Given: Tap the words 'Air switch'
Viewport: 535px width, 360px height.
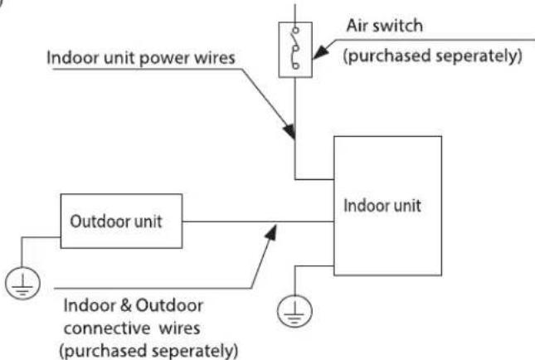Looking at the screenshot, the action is coord(385,26).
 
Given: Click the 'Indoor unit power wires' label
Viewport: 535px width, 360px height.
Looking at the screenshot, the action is coord(141,58).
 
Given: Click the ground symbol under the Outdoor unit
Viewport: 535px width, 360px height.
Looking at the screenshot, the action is coord(22,283).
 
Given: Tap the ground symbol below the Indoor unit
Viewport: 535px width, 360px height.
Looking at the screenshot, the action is coord(294,311).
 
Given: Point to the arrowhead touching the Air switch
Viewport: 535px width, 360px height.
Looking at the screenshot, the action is coord(320,53).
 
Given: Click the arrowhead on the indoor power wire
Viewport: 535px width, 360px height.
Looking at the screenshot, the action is coord(289,131).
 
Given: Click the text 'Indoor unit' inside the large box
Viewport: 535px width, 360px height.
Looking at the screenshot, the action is coord(382,206).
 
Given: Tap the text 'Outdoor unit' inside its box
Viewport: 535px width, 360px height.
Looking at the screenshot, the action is coord(116,221).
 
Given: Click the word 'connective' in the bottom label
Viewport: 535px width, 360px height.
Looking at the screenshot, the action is coord(107,329).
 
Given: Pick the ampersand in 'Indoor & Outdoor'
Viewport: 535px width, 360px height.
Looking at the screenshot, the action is coord(126,305).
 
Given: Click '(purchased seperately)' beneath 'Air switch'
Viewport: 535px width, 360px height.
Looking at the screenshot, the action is coord(433,56).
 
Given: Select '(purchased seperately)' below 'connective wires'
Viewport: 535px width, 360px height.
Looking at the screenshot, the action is coord(148,351).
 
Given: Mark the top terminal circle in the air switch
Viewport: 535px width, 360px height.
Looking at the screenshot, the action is coord(296,31).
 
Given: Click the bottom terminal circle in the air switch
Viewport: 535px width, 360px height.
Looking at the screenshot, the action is coord(296,65).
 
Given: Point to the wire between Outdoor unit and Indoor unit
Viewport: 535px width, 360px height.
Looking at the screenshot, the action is coord(258,221).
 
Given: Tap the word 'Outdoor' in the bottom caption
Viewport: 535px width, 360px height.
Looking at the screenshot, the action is coord(169,305).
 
